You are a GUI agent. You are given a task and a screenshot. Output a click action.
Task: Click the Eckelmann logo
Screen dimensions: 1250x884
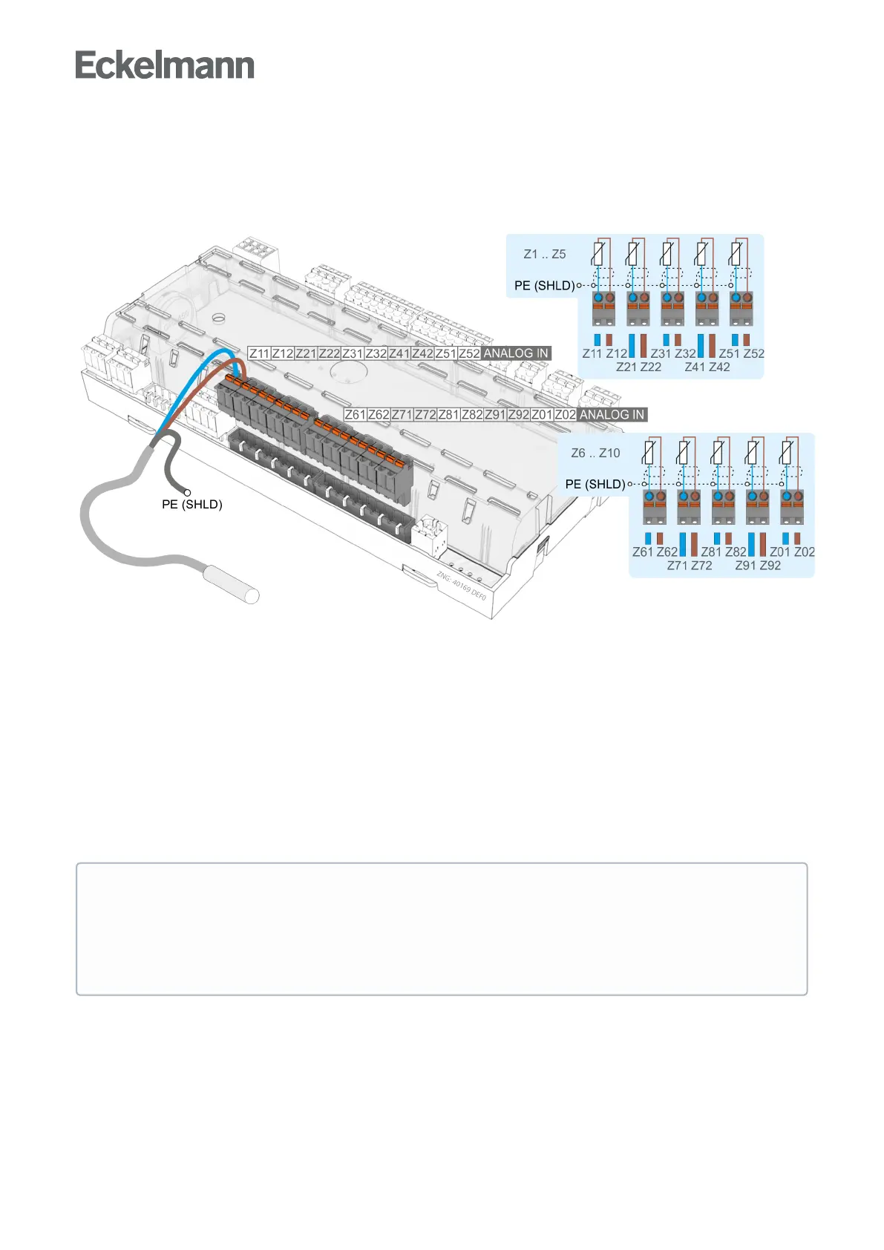point(165,65)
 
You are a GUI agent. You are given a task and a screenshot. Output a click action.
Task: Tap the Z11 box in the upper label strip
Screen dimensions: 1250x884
point(259,353)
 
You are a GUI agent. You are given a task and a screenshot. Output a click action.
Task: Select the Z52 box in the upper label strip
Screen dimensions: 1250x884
point(469,353)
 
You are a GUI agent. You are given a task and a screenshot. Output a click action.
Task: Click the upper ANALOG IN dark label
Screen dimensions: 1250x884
point(516,353)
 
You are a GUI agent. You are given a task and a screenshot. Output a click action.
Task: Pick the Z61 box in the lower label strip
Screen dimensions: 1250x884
point(356,414)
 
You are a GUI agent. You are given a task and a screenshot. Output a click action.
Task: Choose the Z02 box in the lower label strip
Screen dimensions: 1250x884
point(565,414)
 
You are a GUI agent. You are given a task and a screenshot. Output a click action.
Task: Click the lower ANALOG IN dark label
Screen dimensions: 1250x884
point(612,414)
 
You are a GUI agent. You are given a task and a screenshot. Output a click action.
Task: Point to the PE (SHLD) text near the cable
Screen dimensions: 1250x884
point(192,505)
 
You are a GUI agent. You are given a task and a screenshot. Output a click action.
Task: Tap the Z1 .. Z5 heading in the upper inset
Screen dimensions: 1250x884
point(545,254)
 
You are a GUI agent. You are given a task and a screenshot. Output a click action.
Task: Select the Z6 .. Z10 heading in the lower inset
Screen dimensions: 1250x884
point(595,453)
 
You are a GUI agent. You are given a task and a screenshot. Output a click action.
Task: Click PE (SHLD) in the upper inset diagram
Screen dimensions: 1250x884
point(544,286)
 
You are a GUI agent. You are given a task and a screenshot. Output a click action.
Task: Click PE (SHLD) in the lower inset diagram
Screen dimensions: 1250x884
point(595,484)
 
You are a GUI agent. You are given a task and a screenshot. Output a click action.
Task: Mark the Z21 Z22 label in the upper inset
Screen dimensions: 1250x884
point(638,367)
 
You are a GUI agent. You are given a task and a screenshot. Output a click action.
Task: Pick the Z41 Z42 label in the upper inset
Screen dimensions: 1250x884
point(707,367)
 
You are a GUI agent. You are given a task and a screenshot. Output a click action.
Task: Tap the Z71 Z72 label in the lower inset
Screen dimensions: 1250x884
point(690,566)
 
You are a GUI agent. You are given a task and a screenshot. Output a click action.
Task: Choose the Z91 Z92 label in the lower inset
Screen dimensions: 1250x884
point(758,566)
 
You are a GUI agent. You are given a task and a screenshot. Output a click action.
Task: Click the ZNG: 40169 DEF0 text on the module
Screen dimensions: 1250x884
point(461,586)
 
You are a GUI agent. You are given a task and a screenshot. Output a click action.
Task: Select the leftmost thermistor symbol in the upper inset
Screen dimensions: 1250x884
point(597,255)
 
